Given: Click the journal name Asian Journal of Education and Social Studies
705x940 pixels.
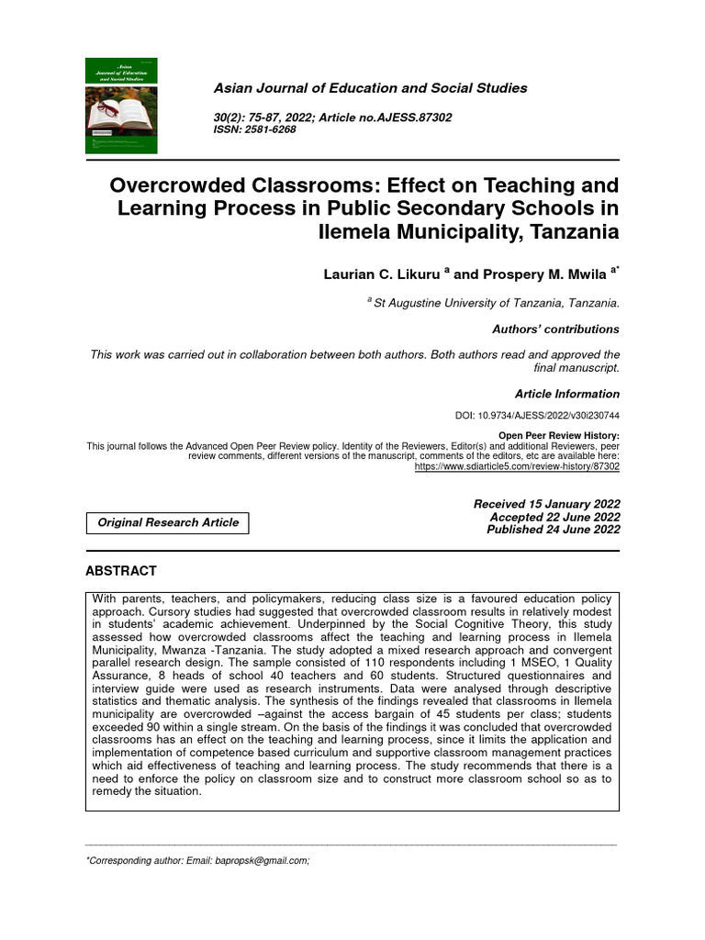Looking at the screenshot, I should point(370,88).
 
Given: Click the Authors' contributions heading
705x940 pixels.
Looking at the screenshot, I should point(555,329).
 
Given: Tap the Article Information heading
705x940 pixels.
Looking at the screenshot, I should point(566,394).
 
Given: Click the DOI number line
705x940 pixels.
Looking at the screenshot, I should point(537,416).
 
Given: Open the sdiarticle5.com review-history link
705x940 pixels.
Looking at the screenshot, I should point(517,466).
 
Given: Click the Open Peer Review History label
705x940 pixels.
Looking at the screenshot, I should point(558,435).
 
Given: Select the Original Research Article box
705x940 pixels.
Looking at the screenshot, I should point(167,522).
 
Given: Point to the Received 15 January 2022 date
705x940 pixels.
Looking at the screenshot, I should point(546,504).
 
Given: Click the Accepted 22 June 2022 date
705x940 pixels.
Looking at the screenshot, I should point(554,517).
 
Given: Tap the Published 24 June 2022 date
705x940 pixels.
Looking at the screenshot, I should point(553,530).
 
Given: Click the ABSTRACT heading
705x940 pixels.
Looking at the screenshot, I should point(120,570).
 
